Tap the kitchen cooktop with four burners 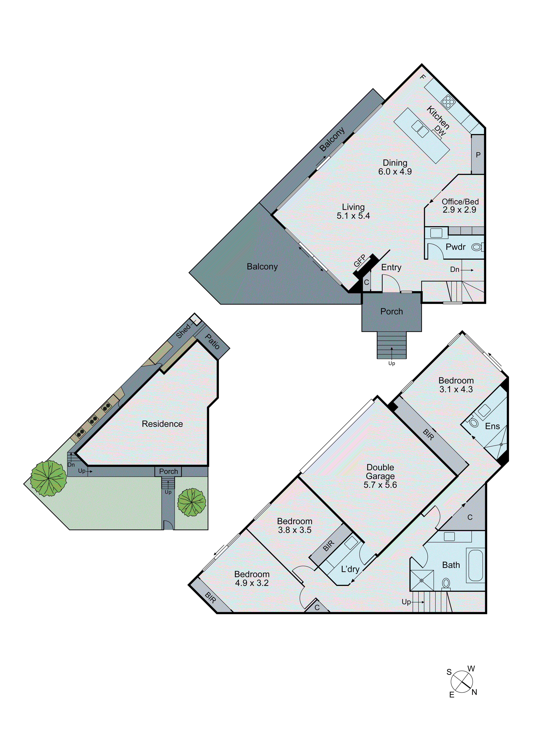coord(448,101)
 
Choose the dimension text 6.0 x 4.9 coord(395,171)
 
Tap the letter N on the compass coord(474,692)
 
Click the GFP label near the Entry coord(360,261)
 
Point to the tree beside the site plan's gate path coord(192,502)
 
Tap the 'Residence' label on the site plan coord(162,424)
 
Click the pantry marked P coord(478,155)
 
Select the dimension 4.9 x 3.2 coord(252,583)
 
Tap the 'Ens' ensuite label coord(492,426)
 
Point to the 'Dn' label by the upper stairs coord(455,270)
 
